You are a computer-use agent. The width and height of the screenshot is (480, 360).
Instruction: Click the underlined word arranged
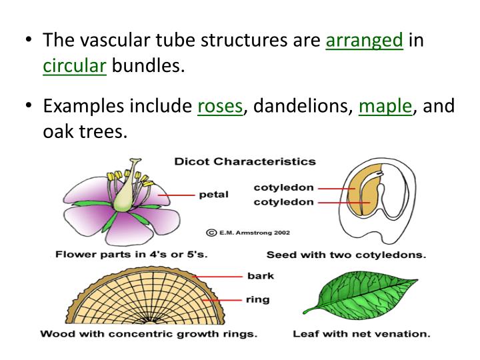point(364,40)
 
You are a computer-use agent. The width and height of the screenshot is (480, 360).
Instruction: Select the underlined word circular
point(75,67)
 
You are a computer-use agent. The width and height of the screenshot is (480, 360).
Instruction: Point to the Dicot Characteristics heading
point(245,161)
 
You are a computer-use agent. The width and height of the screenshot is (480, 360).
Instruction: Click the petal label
point(213,195)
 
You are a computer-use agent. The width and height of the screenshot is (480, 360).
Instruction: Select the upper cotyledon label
point(283,188)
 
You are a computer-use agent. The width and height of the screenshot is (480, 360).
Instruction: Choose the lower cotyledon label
point(283,202)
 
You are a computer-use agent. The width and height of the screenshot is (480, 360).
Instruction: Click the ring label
point(257,299)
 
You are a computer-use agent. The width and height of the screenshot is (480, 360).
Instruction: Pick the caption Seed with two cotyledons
point(347,254)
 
